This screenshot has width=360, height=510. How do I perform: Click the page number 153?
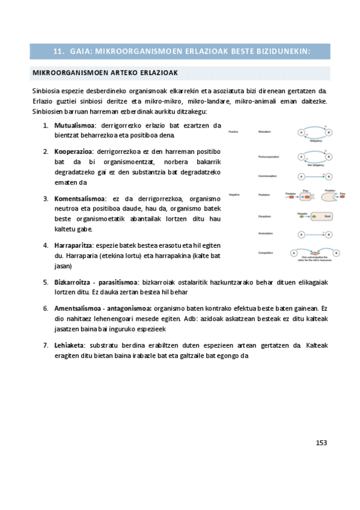[x=321, y=442]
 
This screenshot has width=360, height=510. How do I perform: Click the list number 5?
[x=46, y=281]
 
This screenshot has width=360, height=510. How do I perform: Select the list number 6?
[x=46, y=308]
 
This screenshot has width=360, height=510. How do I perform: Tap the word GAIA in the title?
[x=81, y=51]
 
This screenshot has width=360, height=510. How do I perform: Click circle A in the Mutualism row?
[x=301, y=132]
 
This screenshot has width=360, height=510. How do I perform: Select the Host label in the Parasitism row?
[x=327, y=215]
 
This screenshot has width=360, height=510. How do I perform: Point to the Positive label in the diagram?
[x=233, y=131]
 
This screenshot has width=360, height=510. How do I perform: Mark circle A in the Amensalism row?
[x=301, y=233]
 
